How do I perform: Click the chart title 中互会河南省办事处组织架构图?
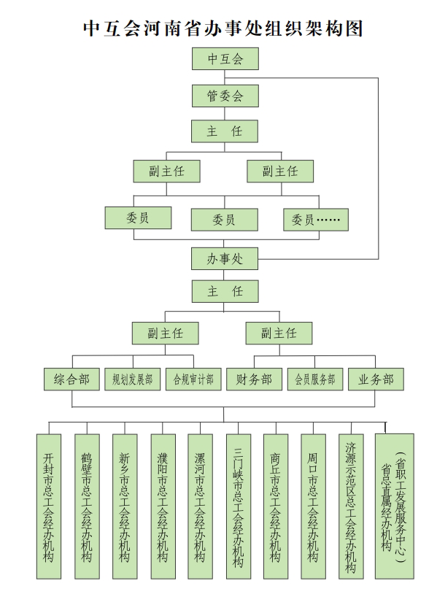(x=223, y=28)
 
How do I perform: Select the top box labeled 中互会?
(x=225, y=58)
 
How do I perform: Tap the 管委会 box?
(x=225, y=96)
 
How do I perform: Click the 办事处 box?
(x=225, y=258)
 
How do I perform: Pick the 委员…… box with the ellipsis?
(x=316, y=220)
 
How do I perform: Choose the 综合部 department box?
(x=71, y=379)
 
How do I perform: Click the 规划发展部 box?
(x=133, y=379)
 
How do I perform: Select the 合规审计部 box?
(x=193, y=379)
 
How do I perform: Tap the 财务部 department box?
(x=254, y=379)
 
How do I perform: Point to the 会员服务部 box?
(x=315, y=379)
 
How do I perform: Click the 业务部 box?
(x=376, y=379)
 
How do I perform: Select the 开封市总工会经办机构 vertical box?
(x=49, y=506)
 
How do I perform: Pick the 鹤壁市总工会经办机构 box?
(x=87, y=506)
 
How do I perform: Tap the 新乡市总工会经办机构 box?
(x=125, y=506)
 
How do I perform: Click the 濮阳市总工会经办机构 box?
(x=163, y=506)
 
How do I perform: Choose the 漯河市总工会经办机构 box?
(x=200, y=506)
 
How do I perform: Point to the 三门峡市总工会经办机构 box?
(x=239, y=506)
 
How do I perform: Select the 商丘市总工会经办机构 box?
(x=276, y=506)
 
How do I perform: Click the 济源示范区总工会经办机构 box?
(x=351, y=506)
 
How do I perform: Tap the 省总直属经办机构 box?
(x=395, y=506)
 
